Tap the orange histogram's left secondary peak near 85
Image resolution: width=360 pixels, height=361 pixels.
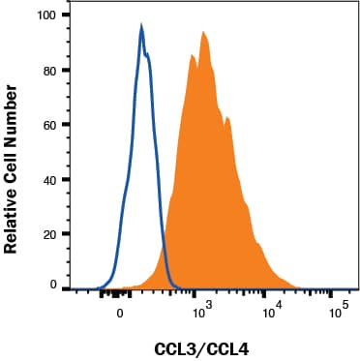[x=192, y=55]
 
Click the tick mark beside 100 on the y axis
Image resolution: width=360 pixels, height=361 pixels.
[x=68, y=16]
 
